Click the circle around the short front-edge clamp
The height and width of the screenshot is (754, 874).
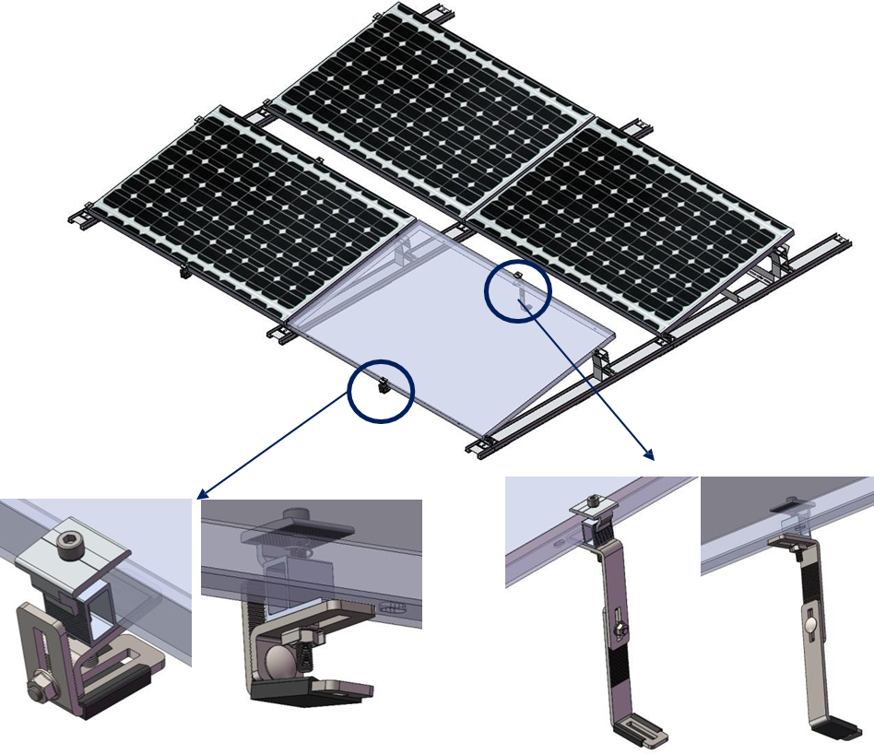click(x=381, y=387)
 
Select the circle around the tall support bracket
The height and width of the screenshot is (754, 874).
click(x=518, y=289)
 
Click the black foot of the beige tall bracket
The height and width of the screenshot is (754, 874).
click(x=841, y=730)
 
